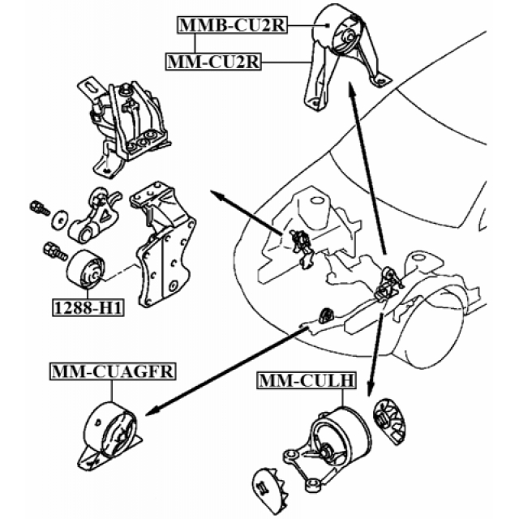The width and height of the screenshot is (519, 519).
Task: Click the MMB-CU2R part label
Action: pyautogui.click(x=231, y=26)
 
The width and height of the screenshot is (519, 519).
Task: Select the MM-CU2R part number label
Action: pyautogui.click(x=213, y=60)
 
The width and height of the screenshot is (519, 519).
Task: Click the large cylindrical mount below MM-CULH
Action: pyautogui.click(x=336, y=439)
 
